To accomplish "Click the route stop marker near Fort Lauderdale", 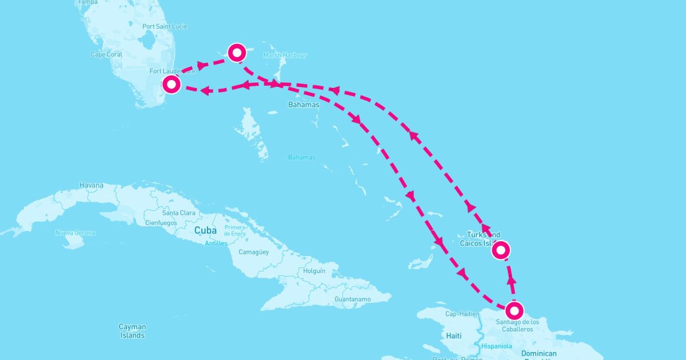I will pyautogui.click(x=171, y=85).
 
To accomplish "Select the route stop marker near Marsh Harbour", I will pyautogui.click(x=237, y=53).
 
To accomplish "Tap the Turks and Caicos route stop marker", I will pyautogui.click(x=501, y=250).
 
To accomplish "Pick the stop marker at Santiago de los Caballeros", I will pyautogui.click(x=514, y=310).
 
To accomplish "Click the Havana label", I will pyautogui.click(x=91, y=185).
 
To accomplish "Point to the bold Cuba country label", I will pyautogui.click(x=206, y=230).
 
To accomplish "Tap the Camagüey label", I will pyautogui.click(x=253, y=252).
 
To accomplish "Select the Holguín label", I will pyautogui.click(x=314, y=270).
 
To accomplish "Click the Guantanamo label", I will pyautogui.click(x=352, y=299).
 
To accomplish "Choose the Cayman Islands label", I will pyautogui.click(x=132, y=331).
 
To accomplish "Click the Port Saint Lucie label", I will pyautogui.click(x=165, y=26).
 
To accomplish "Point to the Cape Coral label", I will pyautogui.click(x=106, y=55).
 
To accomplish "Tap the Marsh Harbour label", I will pyautogui.click(x=285, y=55).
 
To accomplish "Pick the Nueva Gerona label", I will pyautogui.click(x=75, y=233).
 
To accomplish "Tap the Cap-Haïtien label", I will pyautogui.click(x=461, y=313).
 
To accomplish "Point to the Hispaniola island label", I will pyautogui.click(x=496, y=346).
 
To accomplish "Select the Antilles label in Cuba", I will pyautogui.click(x=216, y=243).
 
